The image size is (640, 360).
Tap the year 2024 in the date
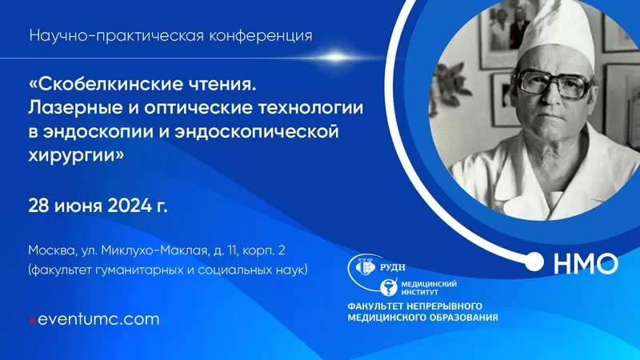pos(130,206)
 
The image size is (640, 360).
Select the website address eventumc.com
pos(98,319)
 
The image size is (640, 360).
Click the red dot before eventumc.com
pos(32,321)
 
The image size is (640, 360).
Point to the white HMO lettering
pos(586,263)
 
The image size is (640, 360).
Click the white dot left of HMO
pos(534,262)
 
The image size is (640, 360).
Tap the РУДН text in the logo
pos(393,268)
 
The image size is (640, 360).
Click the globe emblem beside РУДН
pos(366,267)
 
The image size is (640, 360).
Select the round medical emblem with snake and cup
pos(389,288)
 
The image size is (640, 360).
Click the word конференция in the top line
pos(261,36)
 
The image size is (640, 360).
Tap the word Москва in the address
pos(52,250)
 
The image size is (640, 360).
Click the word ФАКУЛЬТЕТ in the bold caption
pos(375,306)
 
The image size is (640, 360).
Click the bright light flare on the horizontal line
pos(334,58)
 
